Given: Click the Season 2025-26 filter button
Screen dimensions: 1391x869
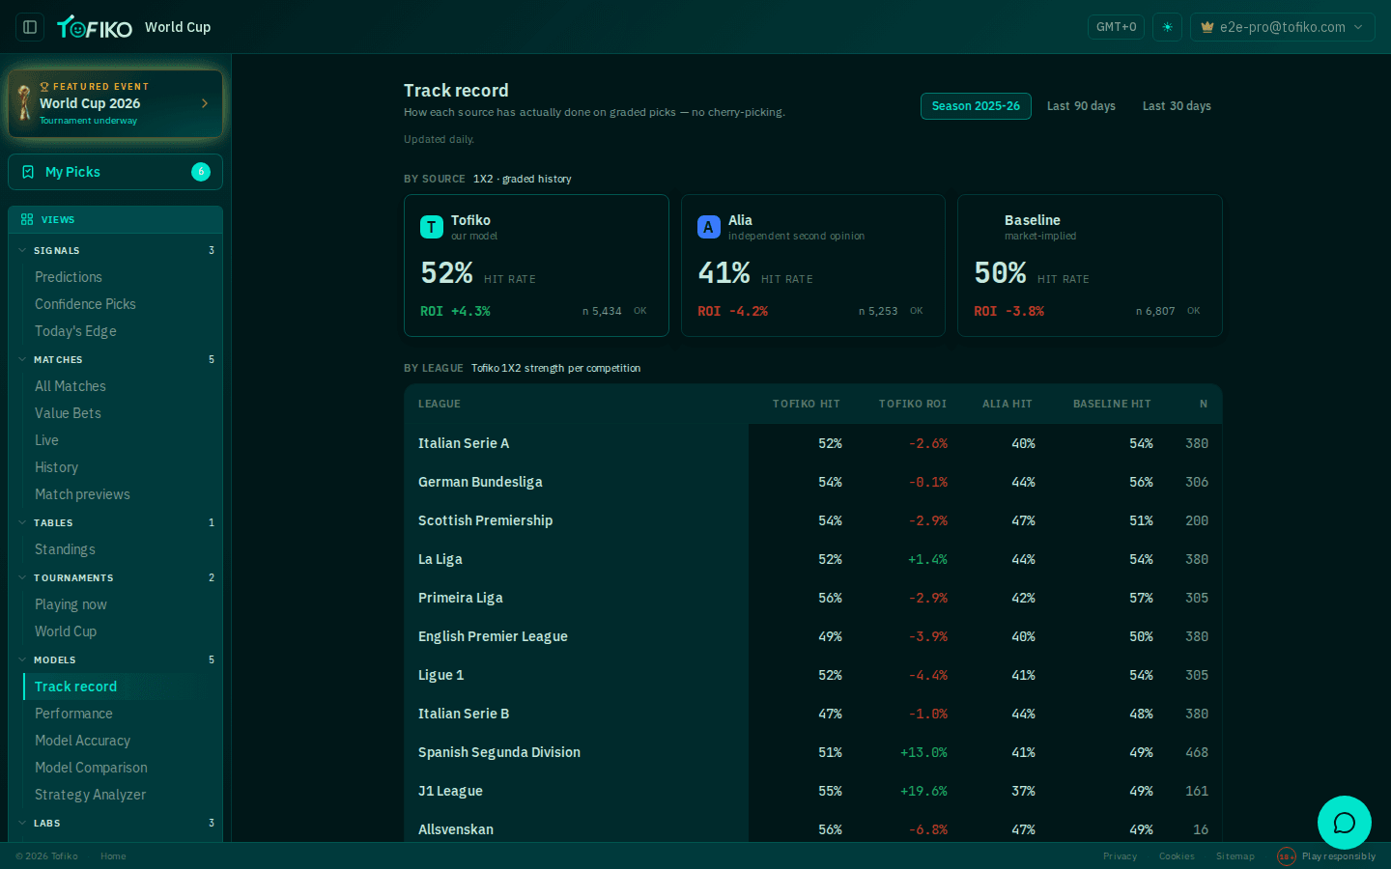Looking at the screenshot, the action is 976,106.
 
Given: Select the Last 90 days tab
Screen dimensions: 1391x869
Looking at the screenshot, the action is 1081,106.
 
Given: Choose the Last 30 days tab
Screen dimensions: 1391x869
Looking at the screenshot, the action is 1177,106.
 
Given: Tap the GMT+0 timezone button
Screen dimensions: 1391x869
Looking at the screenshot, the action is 1116,27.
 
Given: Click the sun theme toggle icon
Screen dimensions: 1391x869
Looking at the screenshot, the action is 1168,27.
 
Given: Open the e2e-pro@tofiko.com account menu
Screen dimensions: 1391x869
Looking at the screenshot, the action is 1283,27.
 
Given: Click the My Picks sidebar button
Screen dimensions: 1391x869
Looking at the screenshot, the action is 116,172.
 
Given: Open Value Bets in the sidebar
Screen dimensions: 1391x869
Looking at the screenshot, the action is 68,413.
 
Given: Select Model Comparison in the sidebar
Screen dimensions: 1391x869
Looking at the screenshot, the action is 91,768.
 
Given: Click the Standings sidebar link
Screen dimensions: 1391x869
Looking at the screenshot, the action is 66,549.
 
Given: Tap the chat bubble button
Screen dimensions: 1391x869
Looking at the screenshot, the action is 1345,823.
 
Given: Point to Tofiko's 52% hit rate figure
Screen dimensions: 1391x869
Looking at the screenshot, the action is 447,273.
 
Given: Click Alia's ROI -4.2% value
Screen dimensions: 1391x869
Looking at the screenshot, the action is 733,311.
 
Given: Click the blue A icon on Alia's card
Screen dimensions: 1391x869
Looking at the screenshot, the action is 709,227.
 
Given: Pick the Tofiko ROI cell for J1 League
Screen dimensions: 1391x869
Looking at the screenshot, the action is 924,792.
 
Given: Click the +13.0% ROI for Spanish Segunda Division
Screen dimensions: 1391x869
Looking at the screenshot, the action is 924,753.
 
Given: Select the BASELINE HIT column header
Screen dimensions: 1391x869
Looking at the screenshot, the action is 1112,404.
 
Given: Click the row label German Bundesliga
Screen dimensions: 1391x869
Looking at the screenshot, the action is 480,483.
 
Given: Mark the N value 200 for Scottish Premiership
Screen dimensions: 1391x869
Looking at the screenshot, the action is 1197,520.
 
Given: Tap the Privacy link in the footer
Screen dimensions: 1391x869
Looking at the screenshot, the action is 1120,856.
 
